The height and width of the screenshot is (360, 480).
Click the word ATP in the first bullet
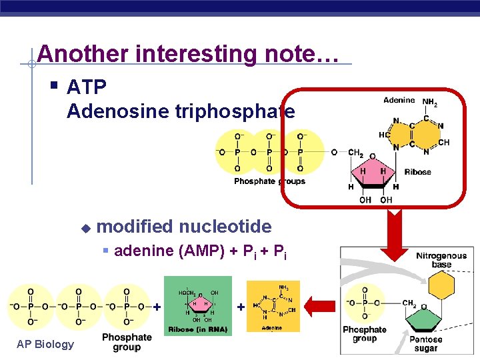[x=87, y=87]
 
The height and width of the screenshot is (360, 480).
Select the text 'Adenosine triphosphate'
[x=181, y=111]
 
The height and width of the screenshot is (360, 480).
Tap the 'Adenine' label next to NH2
[x=399, y=101]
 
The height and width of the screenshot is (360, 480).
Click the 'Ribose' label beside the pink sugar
[x=418, y=172]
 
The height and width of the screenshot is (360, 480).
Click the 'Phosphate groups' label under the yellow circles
[x=269, y=181]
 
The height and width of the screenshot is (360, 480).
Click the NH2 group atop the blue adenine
[x=431, y=102]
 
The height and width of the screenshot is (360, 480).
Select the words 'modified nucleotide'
[x=184, y=227]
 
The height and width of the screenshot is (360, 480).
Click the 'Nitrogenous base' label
[x=441, y=260]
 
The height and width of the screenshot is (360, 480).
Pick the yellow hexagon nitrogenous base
[x=441, y=286]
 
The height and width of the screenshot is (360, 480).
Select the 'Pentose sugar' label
[x=425, y=344]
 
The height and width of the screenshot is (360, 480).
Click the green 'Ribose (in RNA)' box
[x=198, y=306]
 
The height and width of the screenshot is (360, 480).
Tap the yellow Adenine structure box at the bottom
[x=273, y=306]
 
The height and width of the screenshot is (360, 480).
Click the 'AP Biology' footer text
[x=45, y=344]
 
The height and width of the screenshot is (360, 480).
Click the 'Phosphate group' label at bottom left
[x=127, y=342]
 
